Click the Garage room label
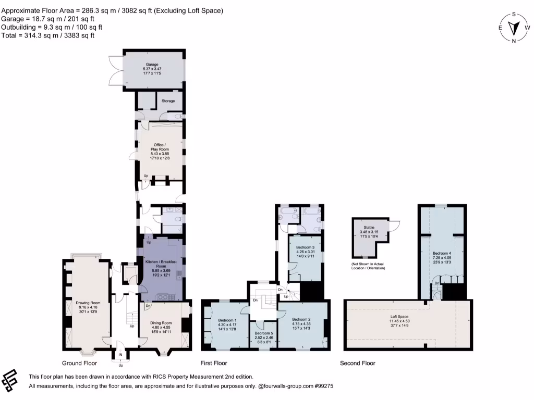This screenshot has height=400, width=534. click(152, 65)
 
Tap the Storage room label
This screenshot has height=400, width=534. click(168, 101)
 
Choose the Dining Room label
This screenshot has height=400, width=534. click(161, 323)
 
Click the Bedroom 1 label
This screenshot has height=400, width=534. click(227, 320)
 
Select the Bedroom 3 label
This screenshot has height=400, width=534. click(306, 247)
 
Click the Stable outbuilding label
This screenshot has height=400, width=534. click(369, 228)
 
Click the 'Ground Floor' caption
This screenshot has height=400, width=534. click(80, 363)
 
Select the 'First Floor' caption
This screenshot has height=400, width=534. click(214, 363)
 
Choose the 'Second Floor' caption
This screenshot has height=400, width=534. click(357, 363)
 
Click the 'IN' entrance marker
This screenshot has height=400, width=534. click(121, 355)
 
